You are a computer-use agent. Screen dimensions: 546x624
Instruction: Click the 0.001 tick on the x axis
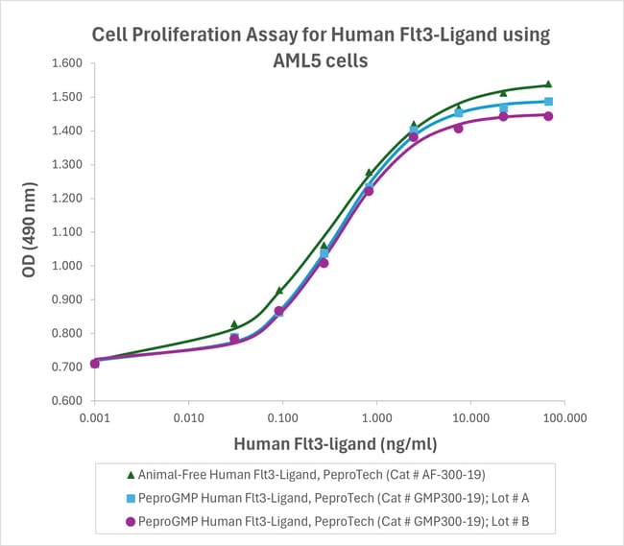click(94, 419)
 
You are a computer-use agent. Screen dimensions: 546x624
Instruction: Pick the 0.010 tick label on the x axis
click(188, 419)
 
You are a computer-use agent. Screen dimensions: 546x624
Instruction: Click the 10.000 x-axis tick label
click(470, 419)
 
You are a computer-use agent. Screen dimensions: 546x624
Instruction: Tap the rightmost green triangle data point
click(548, 84)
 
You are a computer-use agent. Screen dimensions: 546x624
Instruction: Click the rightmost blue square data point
click(548, 101)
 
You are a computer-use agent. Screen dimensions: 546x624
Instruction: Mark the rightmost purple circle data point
click(548, 116)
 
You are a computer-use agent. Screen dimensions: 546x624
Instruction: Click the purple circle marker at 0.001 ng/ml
click(94, 364)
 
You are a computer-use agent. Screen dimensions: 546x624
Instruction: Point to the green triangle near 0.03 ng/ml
click(234, 324)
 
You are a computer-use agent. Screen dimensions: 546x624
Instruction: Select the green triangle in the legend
click(130, 473)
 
